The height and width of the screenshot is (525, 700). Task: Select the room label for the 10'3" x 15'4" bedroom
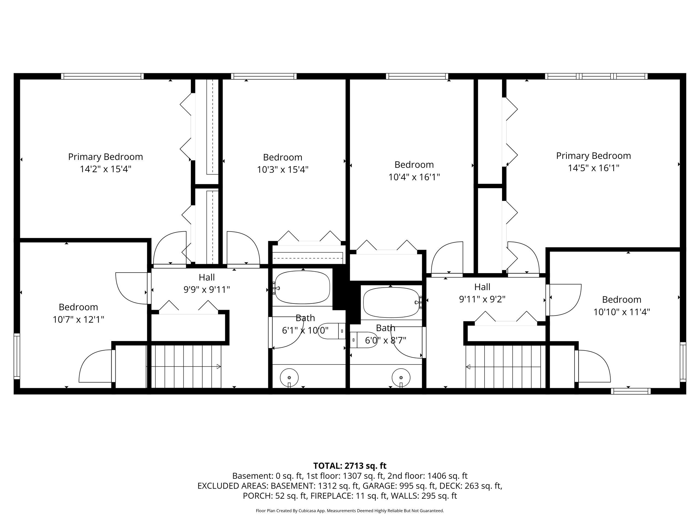click(282, 157)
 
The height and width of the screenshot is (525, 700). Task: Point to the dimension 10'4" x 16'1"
click(414, 177)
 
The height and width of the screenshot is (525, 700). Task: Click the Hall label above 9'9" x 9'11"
click(207, 277)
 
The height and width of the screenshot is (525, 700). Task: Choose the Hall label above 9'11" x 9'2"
click(482, 287)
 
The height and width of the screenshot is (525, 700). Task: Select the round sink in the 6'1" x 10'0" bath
click(289, 378)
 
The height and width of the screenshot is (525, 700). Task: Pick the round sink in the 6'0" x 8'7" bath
click(401, 378)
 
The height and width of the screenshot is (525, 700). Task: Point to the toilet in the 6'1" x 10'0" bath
click(332, 331)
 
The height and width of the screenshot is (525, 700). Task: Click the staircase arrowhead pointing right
click(218, 367)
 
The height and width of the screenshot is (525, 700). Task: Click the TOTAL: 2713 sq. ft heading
click(350, 466)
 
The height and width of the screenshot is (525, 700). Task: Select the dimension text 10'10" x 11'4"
click(622, 312)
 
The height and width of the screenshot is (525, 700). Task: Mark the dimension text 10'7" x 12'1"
click(78, 320)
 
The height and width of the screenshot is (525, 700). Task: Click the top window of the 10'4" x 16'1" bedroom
click(417, 76)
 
